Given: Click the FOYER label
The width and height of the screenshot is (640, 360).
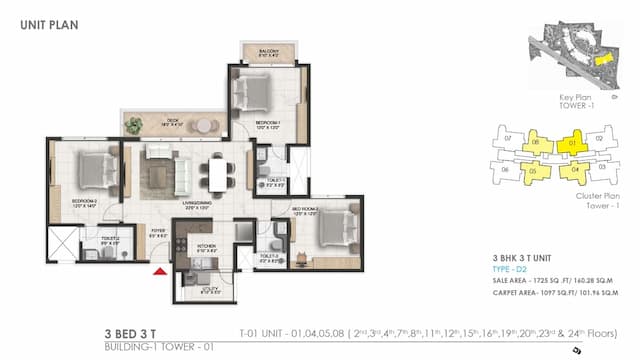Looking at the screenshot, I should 158,231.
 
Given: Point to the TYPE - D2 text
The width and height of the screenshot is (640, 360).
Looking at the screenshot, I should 511,270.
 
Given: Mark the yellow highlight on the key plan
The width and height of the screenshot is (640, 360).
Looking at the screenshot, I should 601,59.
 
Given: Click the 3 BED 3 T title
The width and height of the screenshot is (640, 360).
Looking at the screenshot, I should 136,334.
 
